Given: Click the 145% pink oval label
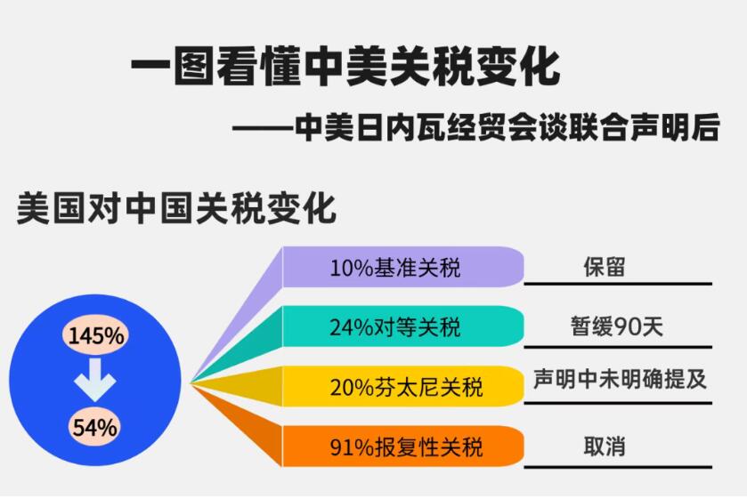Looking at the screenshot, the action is point(96,335).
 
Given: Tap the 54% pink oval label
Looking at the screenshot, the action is point(94,427).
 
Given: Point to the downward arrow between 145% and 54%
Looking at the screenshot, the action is point(95,380).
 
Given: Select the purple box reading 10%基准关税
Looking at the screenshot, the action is point(403,267).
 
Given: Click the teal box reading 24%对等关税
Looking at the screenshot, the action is point(403,326).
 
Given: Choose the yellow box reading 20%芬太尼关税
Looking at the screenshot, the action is point(403,386).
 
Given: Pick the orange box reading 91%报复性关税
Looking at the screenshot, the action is point(403,447).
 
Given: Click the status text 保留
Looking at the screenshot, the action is point(604,267).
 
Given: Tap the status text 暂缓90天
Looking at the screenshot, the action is point(616,326).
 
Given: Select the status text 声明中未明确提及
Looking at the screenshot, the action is point(620,380).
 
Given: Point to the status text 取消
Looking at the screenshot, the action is point(604,447).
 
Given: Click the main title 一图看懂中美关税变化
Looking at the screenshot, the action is point(345,66).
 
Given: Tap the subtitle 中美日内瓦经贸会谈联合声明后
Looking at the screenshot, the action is point(507,127).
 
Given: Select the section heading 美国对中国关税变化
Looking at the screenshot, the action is point(176,208).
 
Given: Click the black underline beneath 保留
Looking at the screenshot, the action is point(618,285).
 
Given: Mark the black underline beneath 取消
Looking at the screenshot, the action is point(618,467).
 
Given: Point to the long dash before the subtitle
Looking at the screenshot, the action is point(263,129).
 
